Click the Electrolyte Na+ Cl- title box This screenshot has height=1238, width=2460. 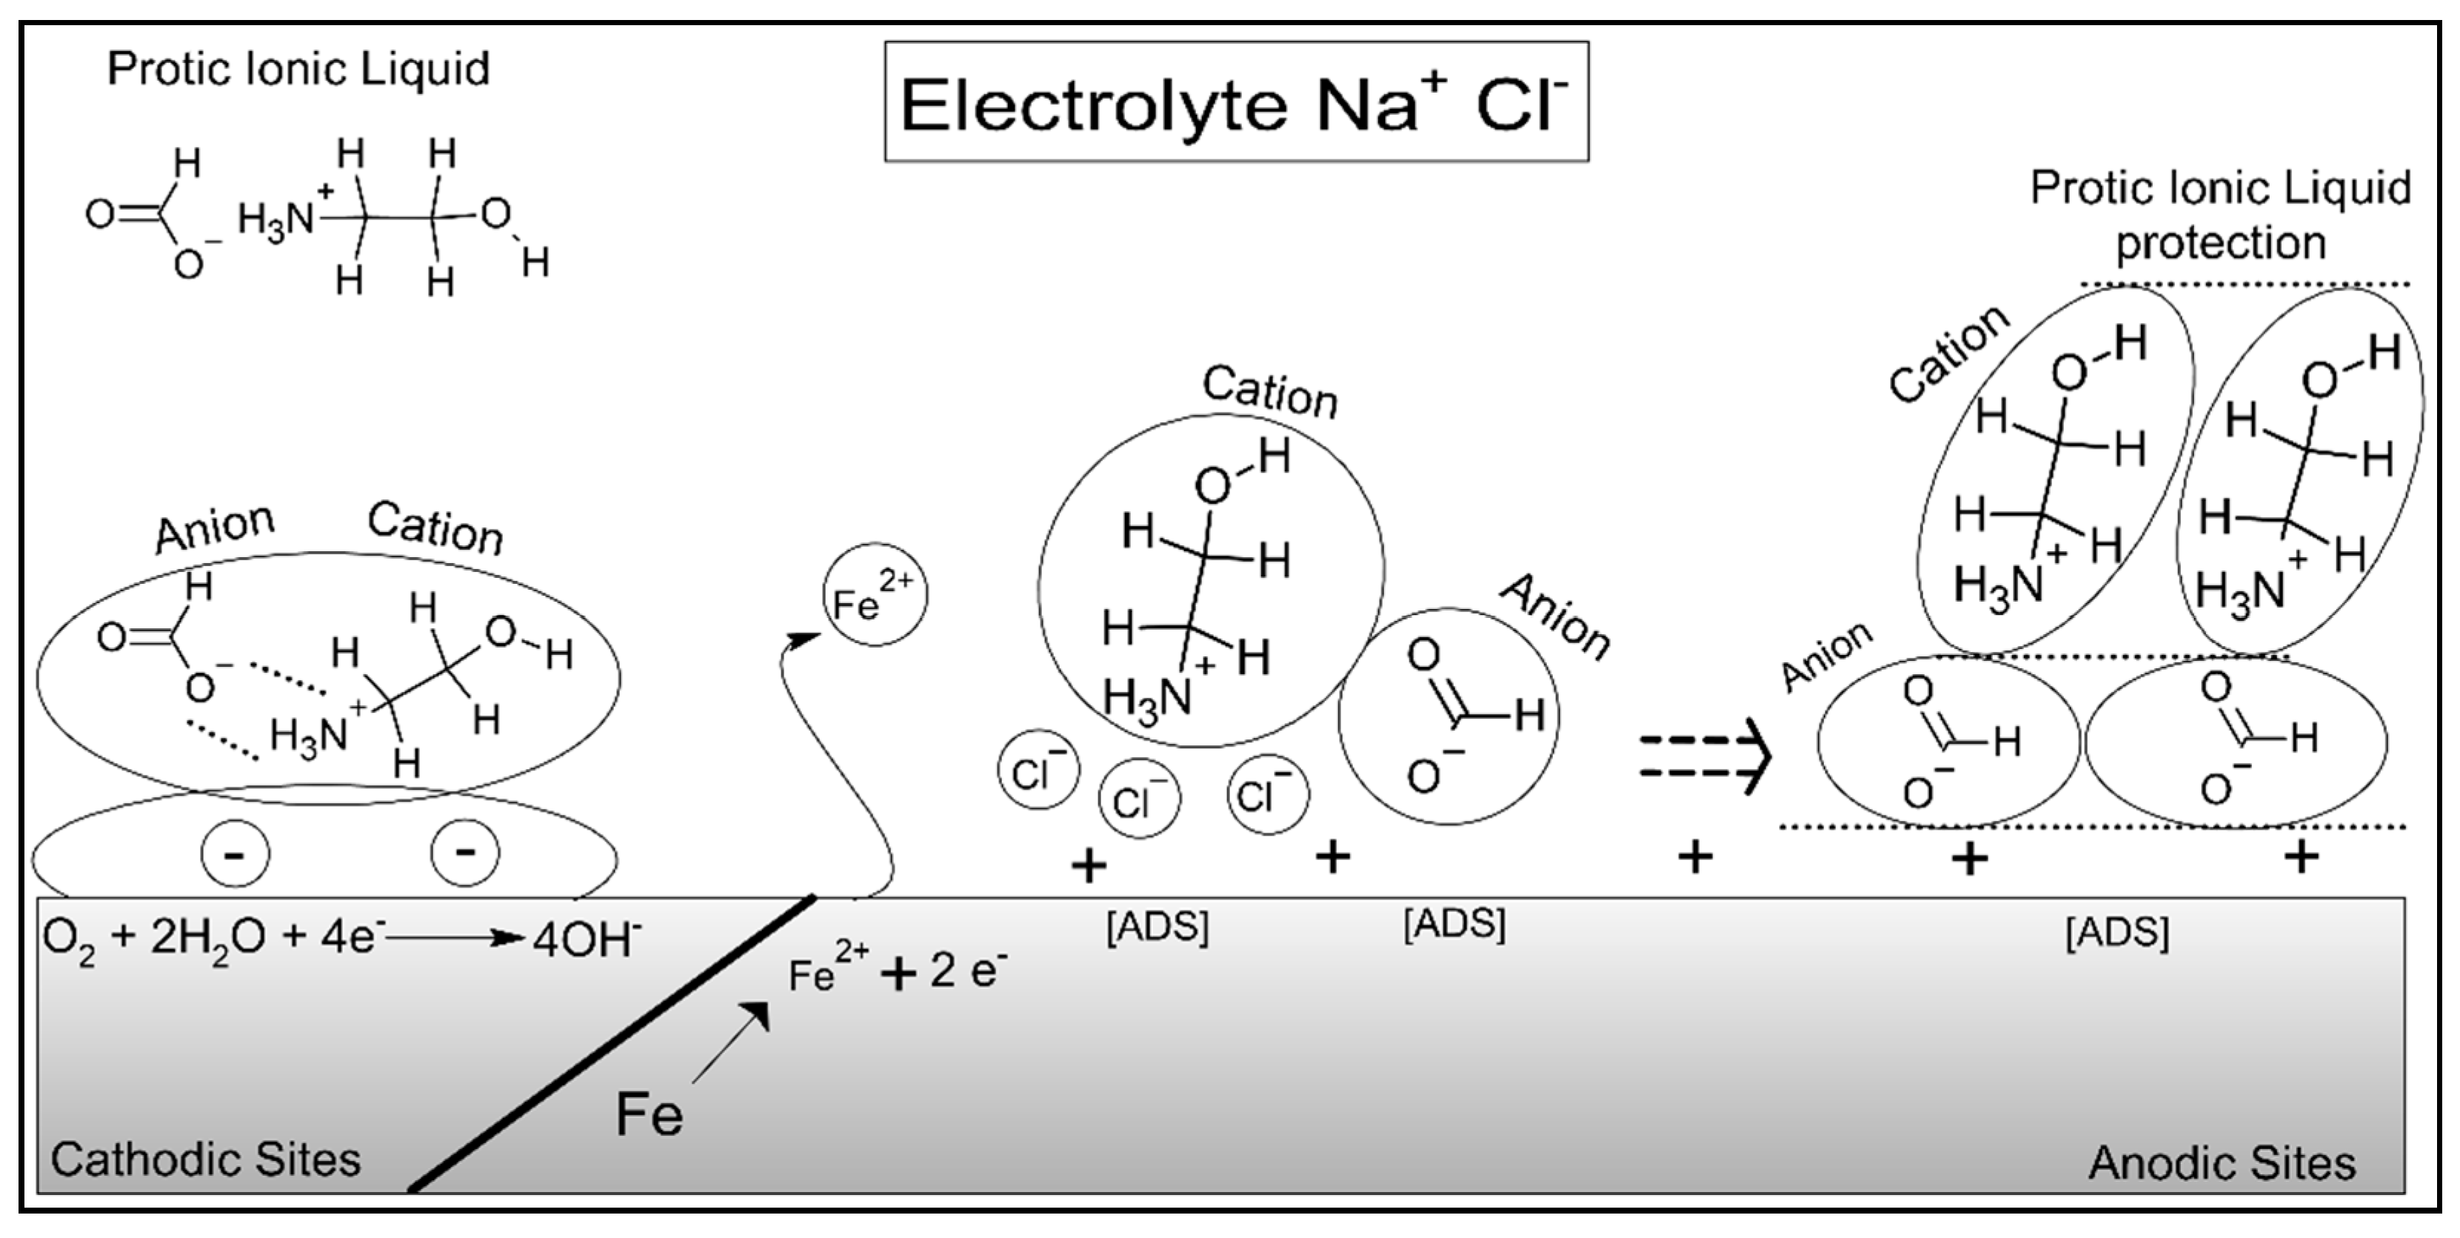point(1236,101)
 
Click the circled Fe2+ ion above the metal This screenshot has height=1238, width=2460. point(874,595)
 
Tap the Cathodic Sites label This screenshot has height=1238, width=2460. point(205,1159)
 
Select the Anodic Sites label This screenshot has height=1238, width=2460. point(2222,1162)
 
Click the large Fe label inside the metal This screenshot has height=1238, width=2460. point(649,1114)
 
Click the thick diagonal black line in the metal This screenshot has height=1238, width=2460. point(611,1043)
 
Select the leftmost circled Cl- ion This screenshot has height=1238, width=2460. point(1038,770)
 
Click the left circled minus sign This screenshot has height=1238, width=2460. point(235,853)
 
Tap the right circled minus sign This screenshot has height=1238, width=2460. point(465,851)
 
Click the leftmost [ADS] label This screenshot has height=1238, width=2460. point(1157,928)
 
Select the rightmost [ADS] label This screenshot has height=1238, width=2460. point(2117,932)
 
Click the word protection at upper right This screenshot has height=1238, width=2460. point(2220,242)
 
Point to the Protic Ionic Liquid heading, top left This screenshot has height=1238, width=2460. point(298,69)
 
